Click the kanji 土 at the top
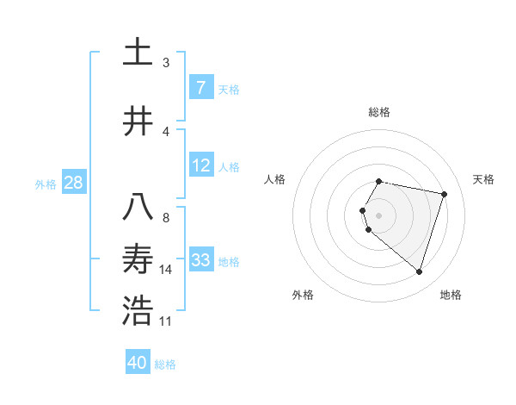click(138, 52)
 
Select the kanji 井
click(138, 122)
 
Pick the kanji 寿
click(138, 259)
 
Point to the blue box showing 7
click(200, 88)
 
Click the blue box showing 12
click(200, 166)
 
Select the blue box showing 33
click(200, 260)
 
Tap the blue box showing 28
click(73, 183)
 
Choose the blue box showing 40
click(138, 363)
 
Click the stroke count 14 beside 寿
click(166, 270)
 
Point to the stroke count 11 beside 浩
click(166, 321)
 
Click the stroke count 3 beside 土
click(166, 62)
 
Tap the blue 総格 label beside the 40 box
click(165, 364)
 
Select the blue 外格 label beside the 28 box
click(45, 184)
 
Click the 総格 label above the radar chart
click(379, 112)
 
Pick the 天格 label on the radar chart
click(483, 179)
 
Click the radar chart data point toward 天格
click(444, 195)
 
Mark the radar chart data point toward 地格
click(419, 272)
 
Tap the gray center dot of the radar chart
click(379, 215)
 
